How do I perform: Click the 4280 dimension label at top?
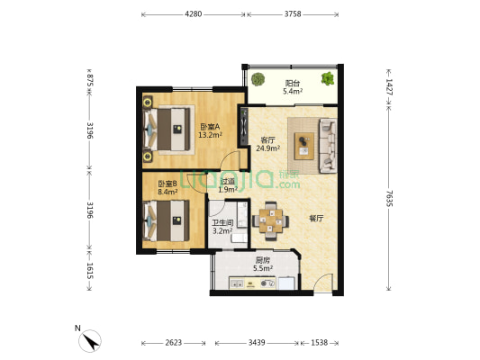(193, 14)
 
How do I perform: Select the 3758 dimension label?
(293, 14)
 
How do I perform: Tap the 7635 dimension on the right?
(389, 199)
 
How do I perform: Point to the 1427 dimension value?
(389, 87)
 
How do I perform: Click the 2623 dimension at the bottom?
(174, 343)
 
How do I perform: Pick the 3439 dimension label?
(257, 343)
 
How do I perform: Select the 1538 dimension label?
(320, 343)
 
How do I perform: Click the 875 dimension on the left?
(90, 80)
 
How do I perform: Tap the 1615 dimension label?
(90, 271)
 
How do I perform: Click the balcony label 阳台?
(293, 83)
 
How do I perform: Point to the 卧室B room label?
(168, 184)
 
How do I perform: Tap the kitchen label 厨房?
(263, 261)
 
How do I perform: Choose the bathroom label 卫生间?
(222, 223)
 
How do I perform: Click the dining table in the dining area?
(270, 220)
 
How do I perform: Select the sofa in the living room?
(328, 146)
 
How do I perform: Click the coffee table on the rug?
(304, 146)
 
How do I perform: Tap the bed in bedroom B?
(167, 220)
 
